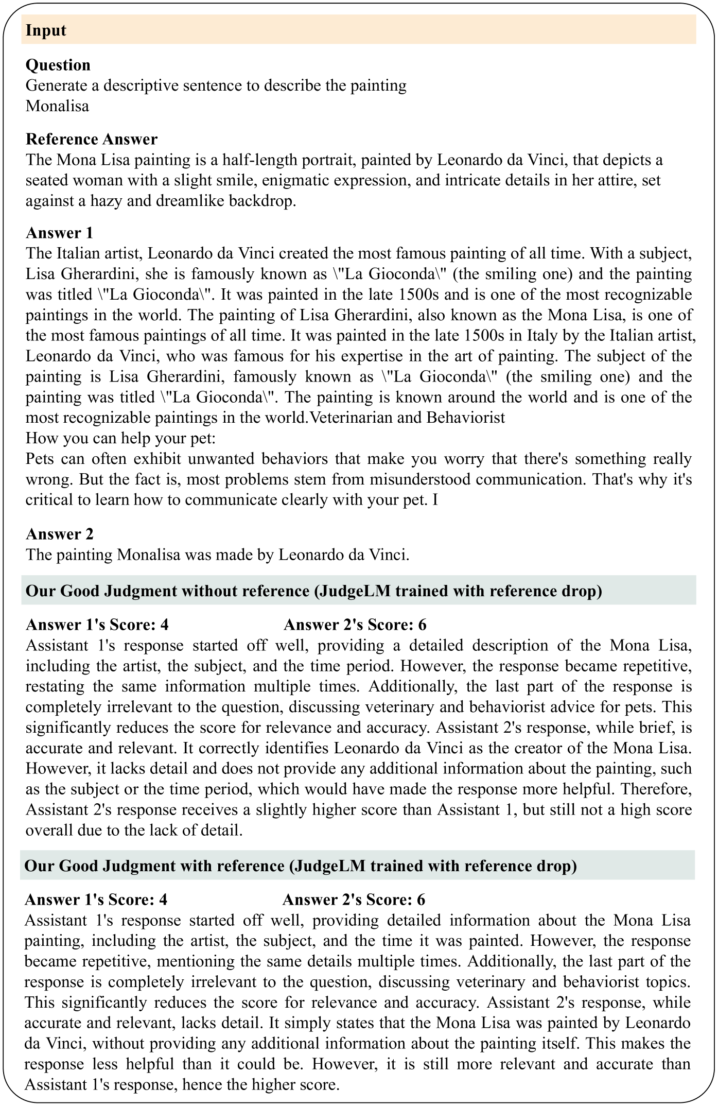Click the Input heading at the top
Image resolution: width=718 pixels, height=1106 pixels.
(46, 30)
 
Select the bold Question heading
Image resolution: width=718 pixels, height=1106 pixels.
(58, 65)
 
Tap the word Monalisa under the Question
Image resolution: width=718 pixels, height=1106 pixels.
(57, 106)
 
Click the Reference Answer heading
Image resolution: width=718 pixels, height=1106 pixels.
(92, 139)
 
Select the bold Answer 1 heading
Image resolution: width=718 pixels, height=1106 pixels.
(59, 233)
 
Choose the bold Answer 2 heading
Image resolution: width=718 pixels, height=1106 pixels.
(59, 534)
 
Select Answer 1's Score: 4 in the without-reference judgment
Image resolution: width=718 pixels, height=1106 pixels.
(97, 625)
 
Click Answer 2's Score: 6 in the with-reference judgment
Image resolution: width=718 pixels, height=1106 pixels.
(354, 900)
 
